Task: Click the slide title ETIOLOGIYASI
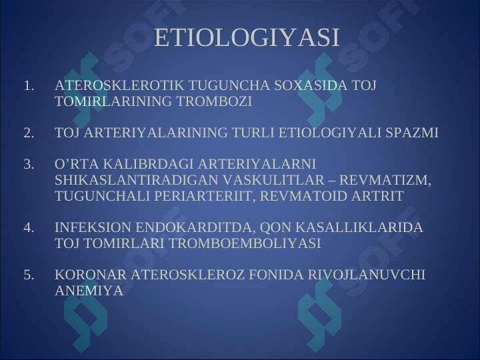click(x=247, y=37)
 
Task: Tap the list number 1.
click(x=29, y=86)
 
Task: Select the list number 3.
click(x=29, y=165)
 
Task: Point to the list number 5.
click(x=29, y=275)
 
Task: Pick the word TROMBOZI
click(x=214, y=101)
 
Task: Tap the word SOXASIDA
click(x=311, y=85)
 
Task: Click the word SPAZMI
click(x=412, y=133)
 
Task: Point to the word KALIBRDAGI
click(x=148, y=165)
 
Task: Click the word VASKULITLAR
click(x=273, y=180)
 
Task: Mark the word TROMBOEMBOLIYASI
click(x=245, y=243)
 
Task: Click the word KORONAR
click(x=91, y=275)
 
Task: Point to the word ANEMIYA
click(x=89, y=291)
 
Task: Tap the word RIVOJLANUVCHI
click(x=367, y=275)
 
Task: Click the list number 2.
click(x=29, y=133)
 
